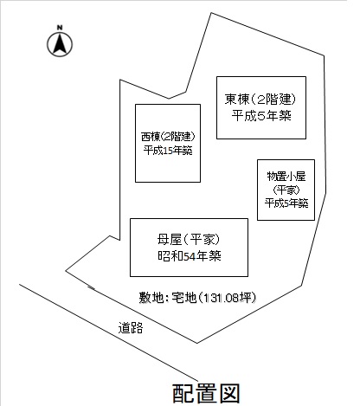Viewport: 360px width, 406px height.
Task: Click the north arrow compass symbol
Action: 60,44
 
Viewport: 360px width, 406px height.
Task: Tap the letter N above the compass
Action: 60,28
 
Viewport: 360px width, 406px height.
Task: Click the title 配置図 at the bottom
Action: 206,393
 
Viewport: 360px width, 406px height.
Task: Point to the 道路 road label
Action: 131,328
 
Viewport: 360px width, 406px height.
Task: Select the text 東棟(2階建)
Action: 260,100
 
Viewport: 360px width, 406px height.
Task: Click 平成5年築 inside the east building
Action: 261,116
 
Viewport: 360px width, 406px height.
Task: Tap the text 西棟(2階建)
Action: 168,137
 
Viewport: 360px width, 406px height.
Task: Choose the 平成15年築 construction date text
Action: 168,151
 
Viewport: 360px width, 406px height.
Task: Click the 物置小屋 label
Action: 286,177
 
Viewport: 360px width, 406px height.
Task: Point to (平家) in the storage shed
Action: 286,190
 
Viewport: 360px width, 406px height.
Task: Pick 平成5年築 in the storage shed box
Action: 286,203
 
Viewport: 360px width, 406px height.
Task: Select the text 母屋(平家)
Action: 189,240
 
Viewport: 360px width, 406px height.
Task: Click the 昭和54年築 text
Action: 190,256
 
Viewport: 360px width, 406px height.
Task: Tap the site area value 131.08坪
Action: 229,298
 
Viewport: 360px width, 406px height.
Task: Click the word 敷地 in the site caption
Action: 148,298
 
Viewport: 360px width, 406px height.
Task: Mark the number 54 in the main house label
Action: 190,256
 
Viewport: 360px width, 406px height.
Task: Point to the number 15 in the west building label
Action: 167,151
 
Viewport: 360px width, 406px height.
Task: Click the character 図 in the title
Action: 230,393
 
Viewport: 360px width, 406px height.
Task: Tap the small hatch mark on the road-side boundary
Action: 91,287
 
